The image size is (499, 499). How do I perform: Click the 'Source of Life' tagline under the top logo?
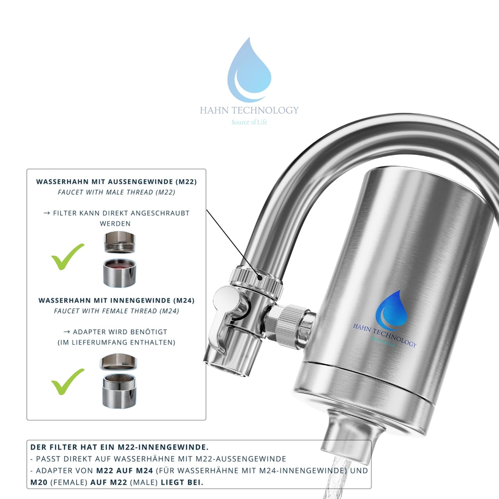249,122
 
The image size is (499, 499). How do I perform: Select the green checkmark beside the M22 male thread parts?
68,256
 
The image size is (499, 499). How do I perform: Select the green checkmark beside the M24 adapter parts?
68,382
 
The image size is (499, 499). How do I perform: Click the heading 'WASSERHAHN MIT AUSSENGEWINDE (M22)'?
116,182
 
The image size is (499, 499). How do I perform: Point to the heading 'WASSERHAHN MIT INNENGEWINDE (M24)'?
116,300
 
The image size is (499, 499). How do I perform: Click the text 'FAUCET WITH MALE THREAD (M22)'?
116,192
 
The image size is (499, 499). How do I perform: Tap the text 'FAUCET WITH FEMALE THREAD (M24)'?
116,311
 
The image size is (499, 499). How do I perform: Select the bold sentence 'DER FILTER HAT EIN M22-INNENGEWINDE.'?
119,447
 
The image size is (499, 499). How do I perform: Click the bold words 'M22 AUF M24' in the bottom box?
124,471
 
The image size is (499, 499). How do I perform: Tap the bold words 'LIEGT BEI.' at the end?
182,482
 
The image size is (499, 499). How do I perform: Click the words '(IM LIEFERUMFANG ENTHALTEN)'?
116,342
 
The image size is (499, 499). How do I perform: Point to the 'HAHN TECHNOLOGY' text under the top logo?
249,110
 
